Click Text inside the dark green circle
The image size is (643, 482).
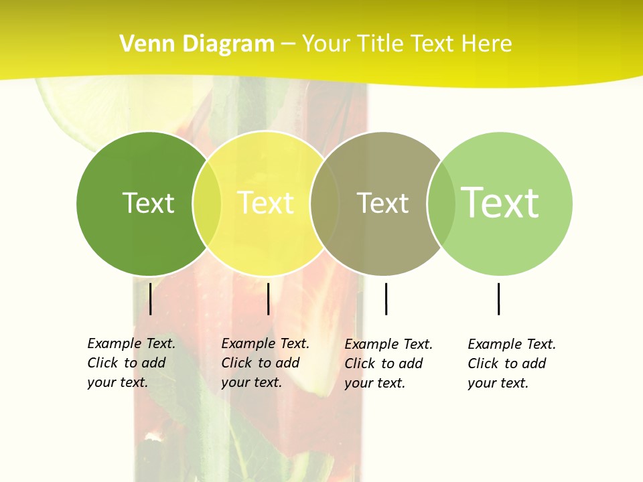pos(148,203)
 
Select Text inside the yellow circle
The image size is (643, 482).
pos(265,203)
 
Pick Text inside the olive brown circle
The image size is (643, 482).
pos(382,203)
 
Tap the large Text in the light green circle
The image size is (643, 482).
pos(500,203)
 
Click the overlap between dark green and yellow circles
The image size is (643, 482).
pos(207,203)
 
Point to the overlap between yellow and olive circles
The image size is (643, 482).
pos(324,203)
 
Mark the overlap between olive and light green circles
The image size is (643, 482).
pos(441,203)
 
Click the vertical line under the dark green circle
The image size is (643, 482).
pos(151,299)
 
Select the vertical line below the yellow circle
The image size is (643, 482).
pos(268,299)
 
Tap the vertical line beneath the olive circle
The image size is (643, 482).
pos(386,299)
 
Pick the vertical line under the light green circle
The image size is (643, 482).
pos(498,299)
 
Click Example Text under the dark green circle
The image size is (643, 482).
pos(131,343)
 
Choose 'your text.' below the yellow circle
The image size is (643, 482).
pos(251,382)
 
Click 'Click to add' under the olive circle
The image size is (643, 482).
pos(384,364)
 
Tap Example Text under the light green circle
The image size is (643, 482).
pos(512,344)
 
